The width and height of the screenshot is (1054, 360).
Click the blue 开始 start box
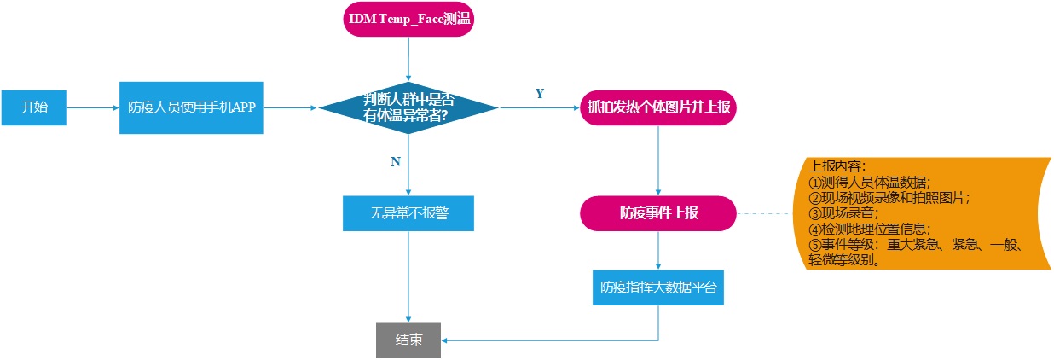pyautogui.click(x=34, y=107)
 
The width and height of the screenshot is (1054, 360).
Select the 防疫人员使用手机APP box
pyautogui.click(x=191, y=107)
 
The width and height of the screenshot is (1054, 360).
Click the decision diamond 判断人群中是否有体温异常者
pyautogui.click(x=408, y=107)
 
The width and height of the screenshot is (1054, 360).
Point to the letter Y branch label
pyautogui.click(x=539, y=94)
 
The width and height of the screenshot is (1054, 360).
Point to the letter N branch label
pyautogui.click(x=395, y=162)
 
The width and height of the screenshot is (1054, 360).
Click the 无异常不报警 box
pyautogui.click(x=408, y=213)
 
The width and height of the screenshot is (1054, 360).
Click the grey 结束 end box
pyautogui.click(x=408, y=340)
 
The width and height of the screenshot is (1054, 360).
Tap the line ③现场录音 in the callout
pyautogui.click(x=843, y=213)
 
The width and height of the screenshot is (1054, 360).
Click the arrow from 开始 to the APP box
pyautogui.click(x=92, y=108)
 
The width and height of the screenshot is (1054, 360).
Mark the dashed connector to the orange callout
pyautogui.click(x=767, y=213)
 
